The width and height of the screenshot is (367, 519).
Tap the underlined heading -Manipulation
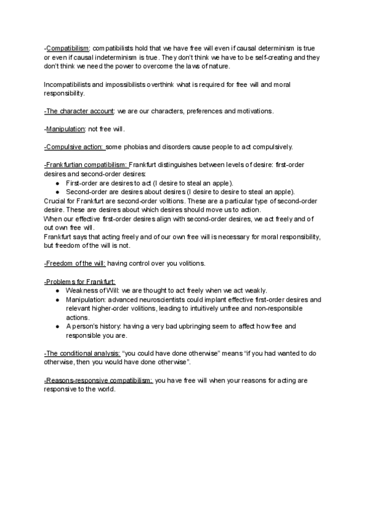click(x=65, y=129)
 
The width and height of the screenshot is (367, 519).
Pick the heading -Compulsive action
click(x=74, y=147)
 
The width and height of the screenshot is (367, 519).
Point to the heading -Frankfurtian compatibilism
click(x=86, y=165)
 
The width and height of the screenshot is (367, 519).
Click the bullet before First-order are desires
click(x=57, y=183)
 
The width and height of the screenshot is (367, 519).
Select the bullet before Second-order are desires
click(x=57, y=192)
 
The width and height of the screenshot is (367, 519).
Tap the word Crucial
click(x=56, y=201)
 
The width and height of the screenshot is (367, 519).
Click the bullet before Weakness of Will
click(x=57, y=291)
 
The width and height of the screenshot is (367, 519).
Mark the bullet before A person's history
click(x=57, y=327)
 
